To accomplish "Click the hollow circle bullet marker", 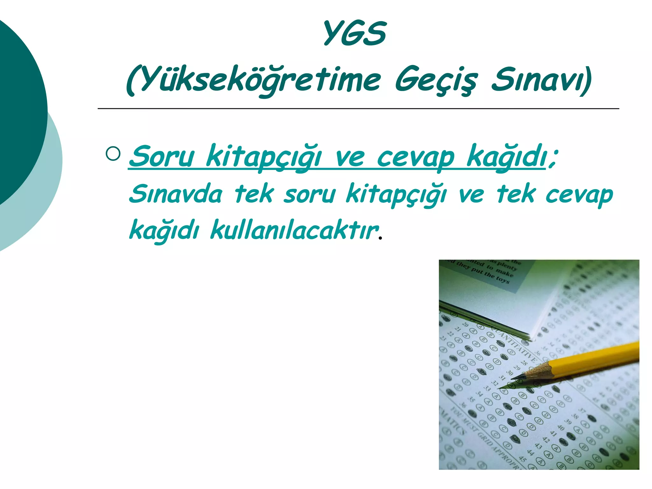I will click(x=113, y=154).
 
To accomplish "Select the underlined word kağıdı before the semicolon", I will click(x=506, y=157).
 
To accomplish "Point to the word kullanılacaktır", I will click(x=294, y=230).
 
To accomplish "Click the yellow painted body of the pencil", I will click(x=599, y=358).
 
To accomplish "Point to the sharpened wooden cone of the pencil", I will click(x=538, y=372).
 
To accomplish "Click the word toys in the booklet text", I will click(x=503, y=280).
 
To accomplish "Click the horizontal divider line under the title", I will click(x=358, y=109).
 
